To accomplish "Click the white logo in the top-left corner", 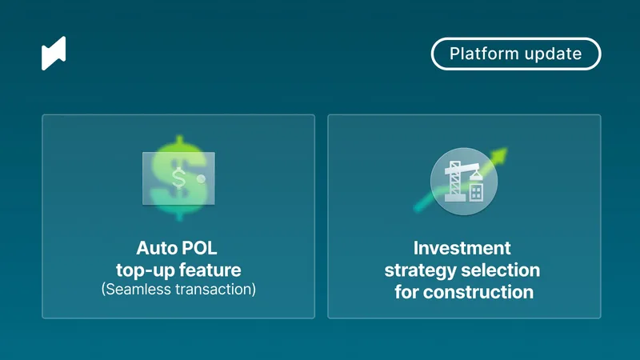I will click(x=54, y=53).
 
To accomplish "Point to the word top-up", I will click(x=144, y=269).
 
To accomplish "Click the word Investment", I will click(x=462, y=248).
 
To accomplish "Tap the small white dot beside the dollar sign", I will click(x=202, y=178).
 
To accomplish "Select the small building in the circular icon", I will click(x=477, y=190).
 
